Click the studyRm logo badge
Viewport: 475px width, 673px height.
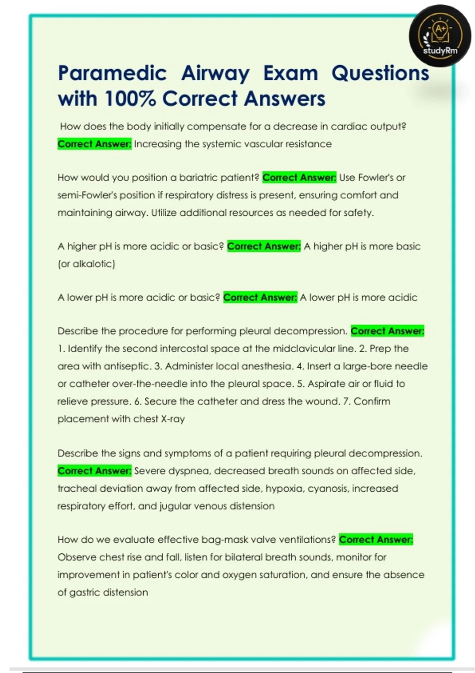click(440, 36)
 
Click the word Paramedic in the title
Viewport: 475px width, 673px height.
click(112, 74)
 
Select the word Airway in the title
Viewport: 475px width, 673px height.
click(215, 74)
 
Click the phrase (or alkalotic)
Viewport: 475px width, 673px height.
click(86, 264)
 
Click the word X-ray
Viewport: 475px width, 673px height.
click(173, 419)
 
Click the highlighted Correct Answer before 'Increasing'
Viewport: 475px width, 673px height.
click(94, 144)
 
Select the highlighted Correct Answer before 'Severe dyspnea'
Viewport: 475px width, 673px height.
click(94, 471)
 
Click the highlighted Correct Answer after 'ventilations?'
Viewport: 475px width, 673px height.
click(376, 540)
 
